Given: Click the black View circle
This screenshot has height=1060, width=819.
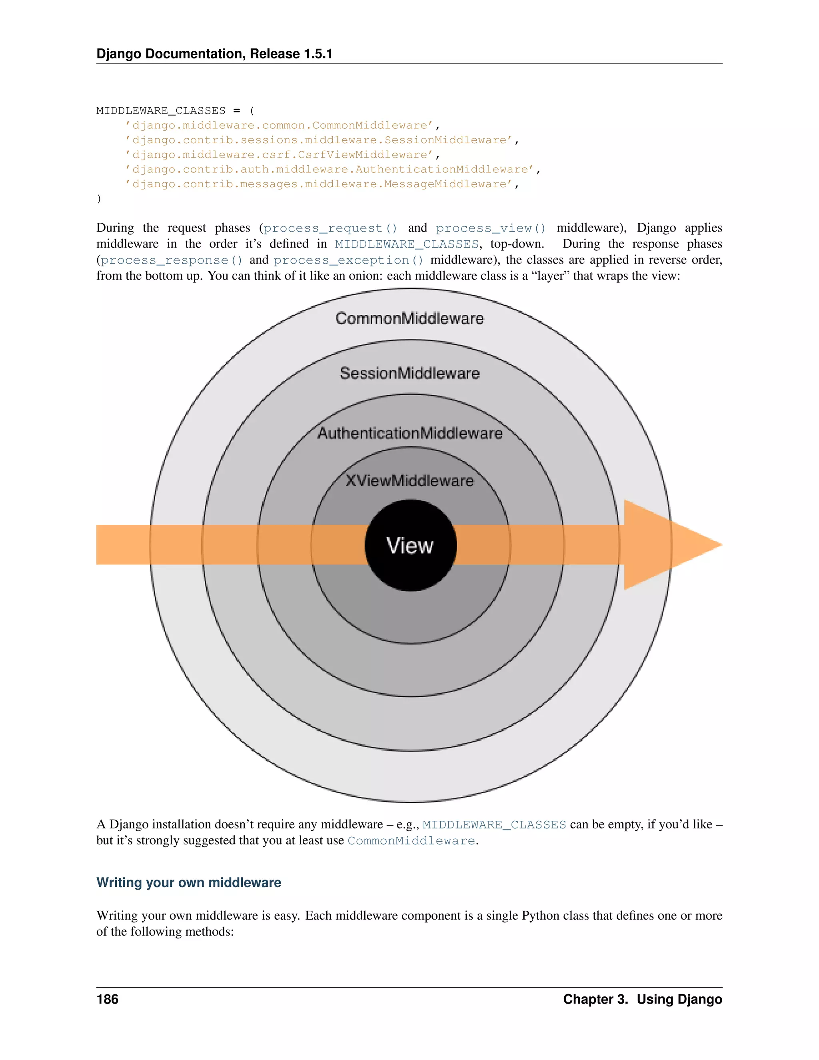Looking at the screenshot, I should (410, 545).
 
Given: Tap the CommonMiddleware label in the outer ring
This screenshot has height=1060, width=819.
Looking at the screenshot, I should (409, 318).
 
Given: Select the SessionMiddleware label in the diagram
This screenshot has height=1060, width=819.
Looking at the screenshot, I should (409, 373).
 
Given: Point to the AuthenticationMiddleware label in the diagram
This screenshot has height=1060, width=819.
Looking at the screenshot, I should (409, 433).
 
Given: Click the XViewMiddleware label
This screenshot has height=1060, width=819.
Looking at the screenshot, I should (409, 480).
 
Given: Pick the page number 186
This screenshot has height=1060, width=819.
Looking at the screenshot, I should (107, 999).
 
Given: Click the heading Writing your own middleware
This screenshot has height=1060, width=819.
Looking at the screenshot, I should (189, 882).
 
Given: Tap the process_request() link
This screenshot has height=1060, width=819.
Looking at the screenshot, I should (330, 228).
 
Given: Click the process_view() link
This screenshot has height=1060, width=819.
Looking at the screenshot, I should (491, 228).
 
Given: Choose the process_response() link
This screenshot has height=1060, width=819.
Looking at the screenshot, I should (171, 260).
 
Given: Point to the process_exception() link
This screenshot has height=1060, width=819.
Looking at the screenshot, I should (348, 260).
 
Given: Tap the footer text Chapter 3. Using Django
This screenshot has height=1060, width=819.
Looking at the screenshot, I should (642, 999).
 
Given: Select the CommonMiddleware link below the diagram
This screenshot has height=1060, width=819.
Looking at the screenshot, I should (411, 841).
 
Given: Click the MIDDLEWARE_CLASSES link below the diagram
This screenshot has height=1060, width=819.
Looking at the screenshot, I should (494, 825).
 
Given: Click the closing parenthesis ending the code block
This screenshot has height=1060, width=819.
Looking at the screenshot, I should (99, 198).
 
